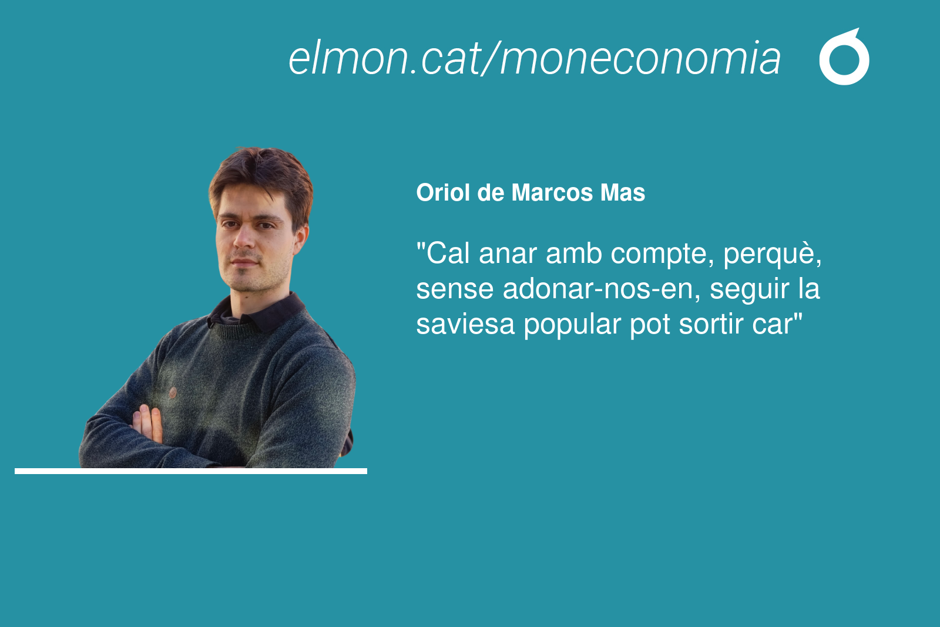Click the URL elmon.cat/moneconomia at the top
click(x=534, y=58)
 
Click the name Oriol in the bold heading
click(x=443, y=193)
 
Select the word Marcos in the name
click(x=552, y=193)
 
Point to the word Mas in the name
click(x=623, y=193)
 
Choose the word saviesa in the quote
click(x=465, y=324)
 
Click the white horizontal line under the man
click(x=191, y=471)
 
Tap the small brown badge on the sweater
click(x=173, y=392)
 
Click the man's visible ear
click(x=301, y=239)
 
